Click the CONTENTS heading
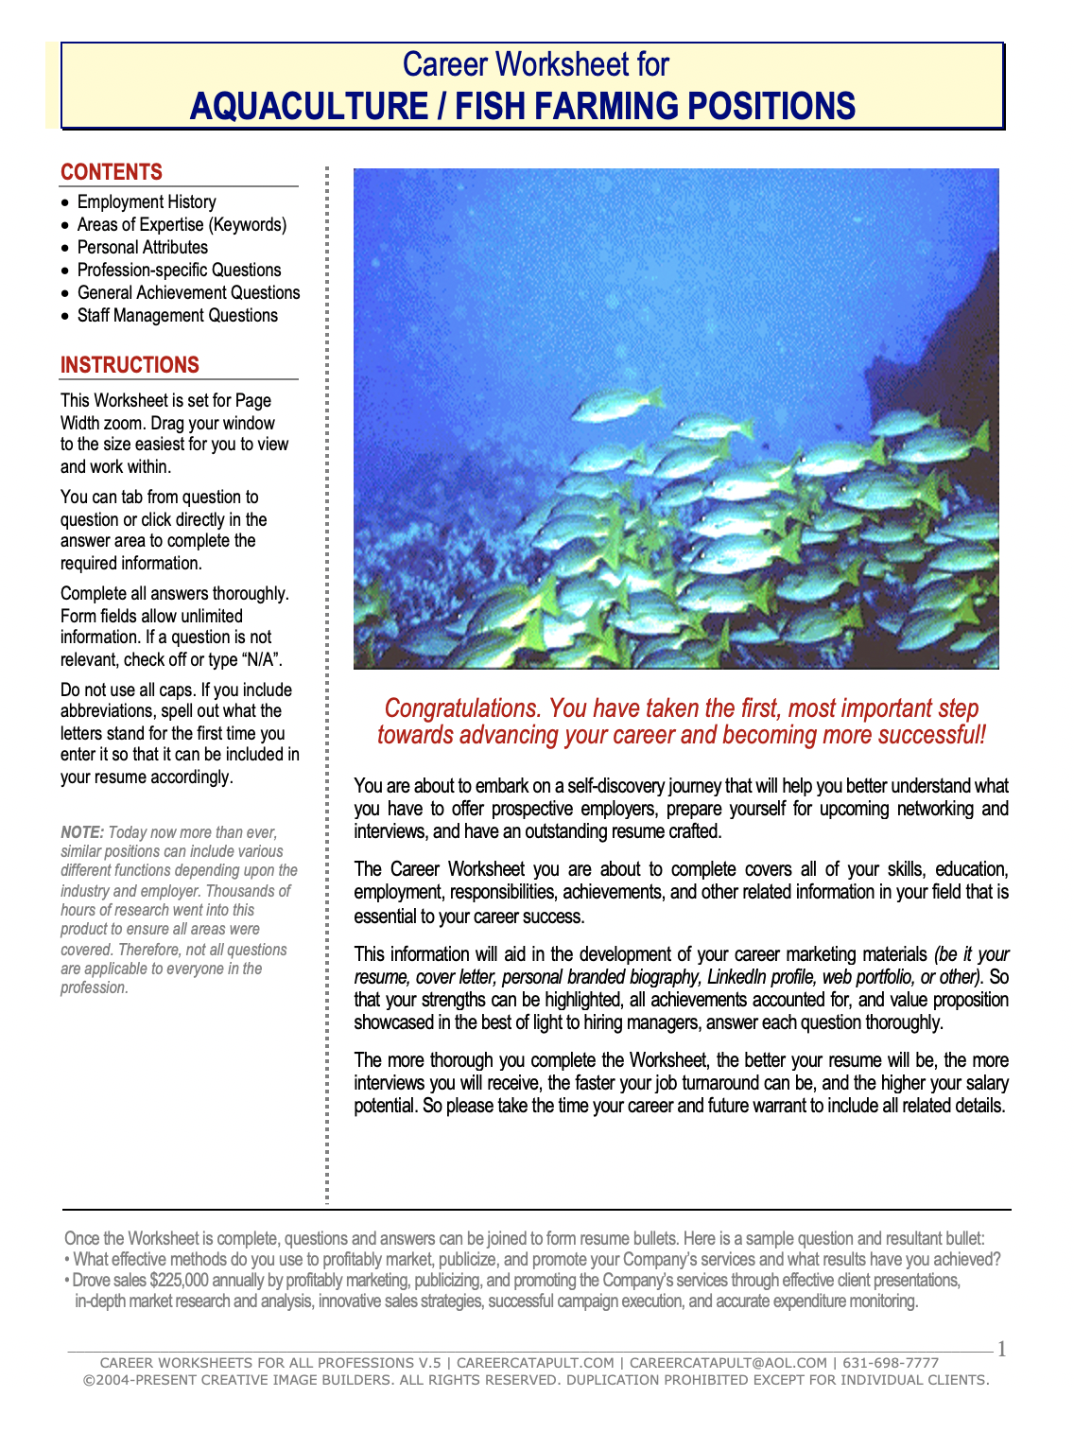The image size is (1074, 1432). pos(112,172)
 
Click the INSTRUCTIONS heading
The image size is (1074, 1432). pos(130,365)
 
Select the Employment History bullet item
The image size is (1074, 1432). pos(147,201)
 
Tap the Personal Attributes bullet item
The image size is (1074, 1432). pos(143,247)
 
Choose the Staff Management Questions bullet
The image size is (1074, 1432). pos(178,315)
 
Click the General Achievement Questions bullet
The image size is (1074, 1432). pos(188,292)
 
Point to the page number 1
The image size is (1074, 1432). pos(1002,1349)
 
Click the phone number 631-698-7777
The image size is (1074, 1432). pos(891,1363)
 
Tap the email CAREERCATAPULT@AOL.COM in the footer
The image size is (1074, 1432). pos(728,1363)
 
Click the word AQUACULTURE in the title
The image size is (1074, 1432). pos(308,106)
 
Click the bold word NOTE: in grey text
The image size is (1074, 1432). pos(82,832)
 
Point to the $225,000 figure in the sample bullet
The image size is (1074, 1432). pos(179,1281)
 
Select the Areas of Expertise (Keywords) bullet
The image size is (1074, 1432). pos(182,224)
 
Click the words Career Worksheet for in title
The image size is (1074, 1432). pos(535,64)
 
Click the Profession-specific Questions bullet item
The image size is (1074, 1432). pos(179,270)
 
